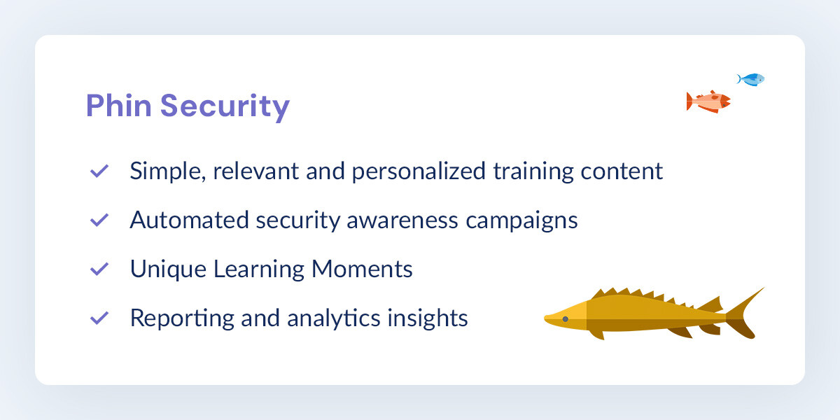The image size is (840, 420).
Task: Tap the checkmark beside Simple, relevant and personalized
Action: [x=99, y=171]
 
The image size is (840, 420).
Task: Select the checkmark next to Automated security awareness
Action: [x=99, y=220]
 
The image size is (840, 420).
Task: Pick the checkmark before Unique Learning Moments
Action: [x=99, y=269]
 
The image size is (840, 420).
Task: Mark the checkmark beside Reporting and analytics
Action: [x=99, y=318]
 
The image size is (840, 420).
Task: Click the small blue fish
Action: [x=752, y=79]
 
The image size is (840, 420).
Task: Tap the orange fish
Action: [x=708, y=101]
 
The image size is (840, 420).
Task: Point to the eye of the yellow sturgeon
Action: [x=566, y=319]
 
